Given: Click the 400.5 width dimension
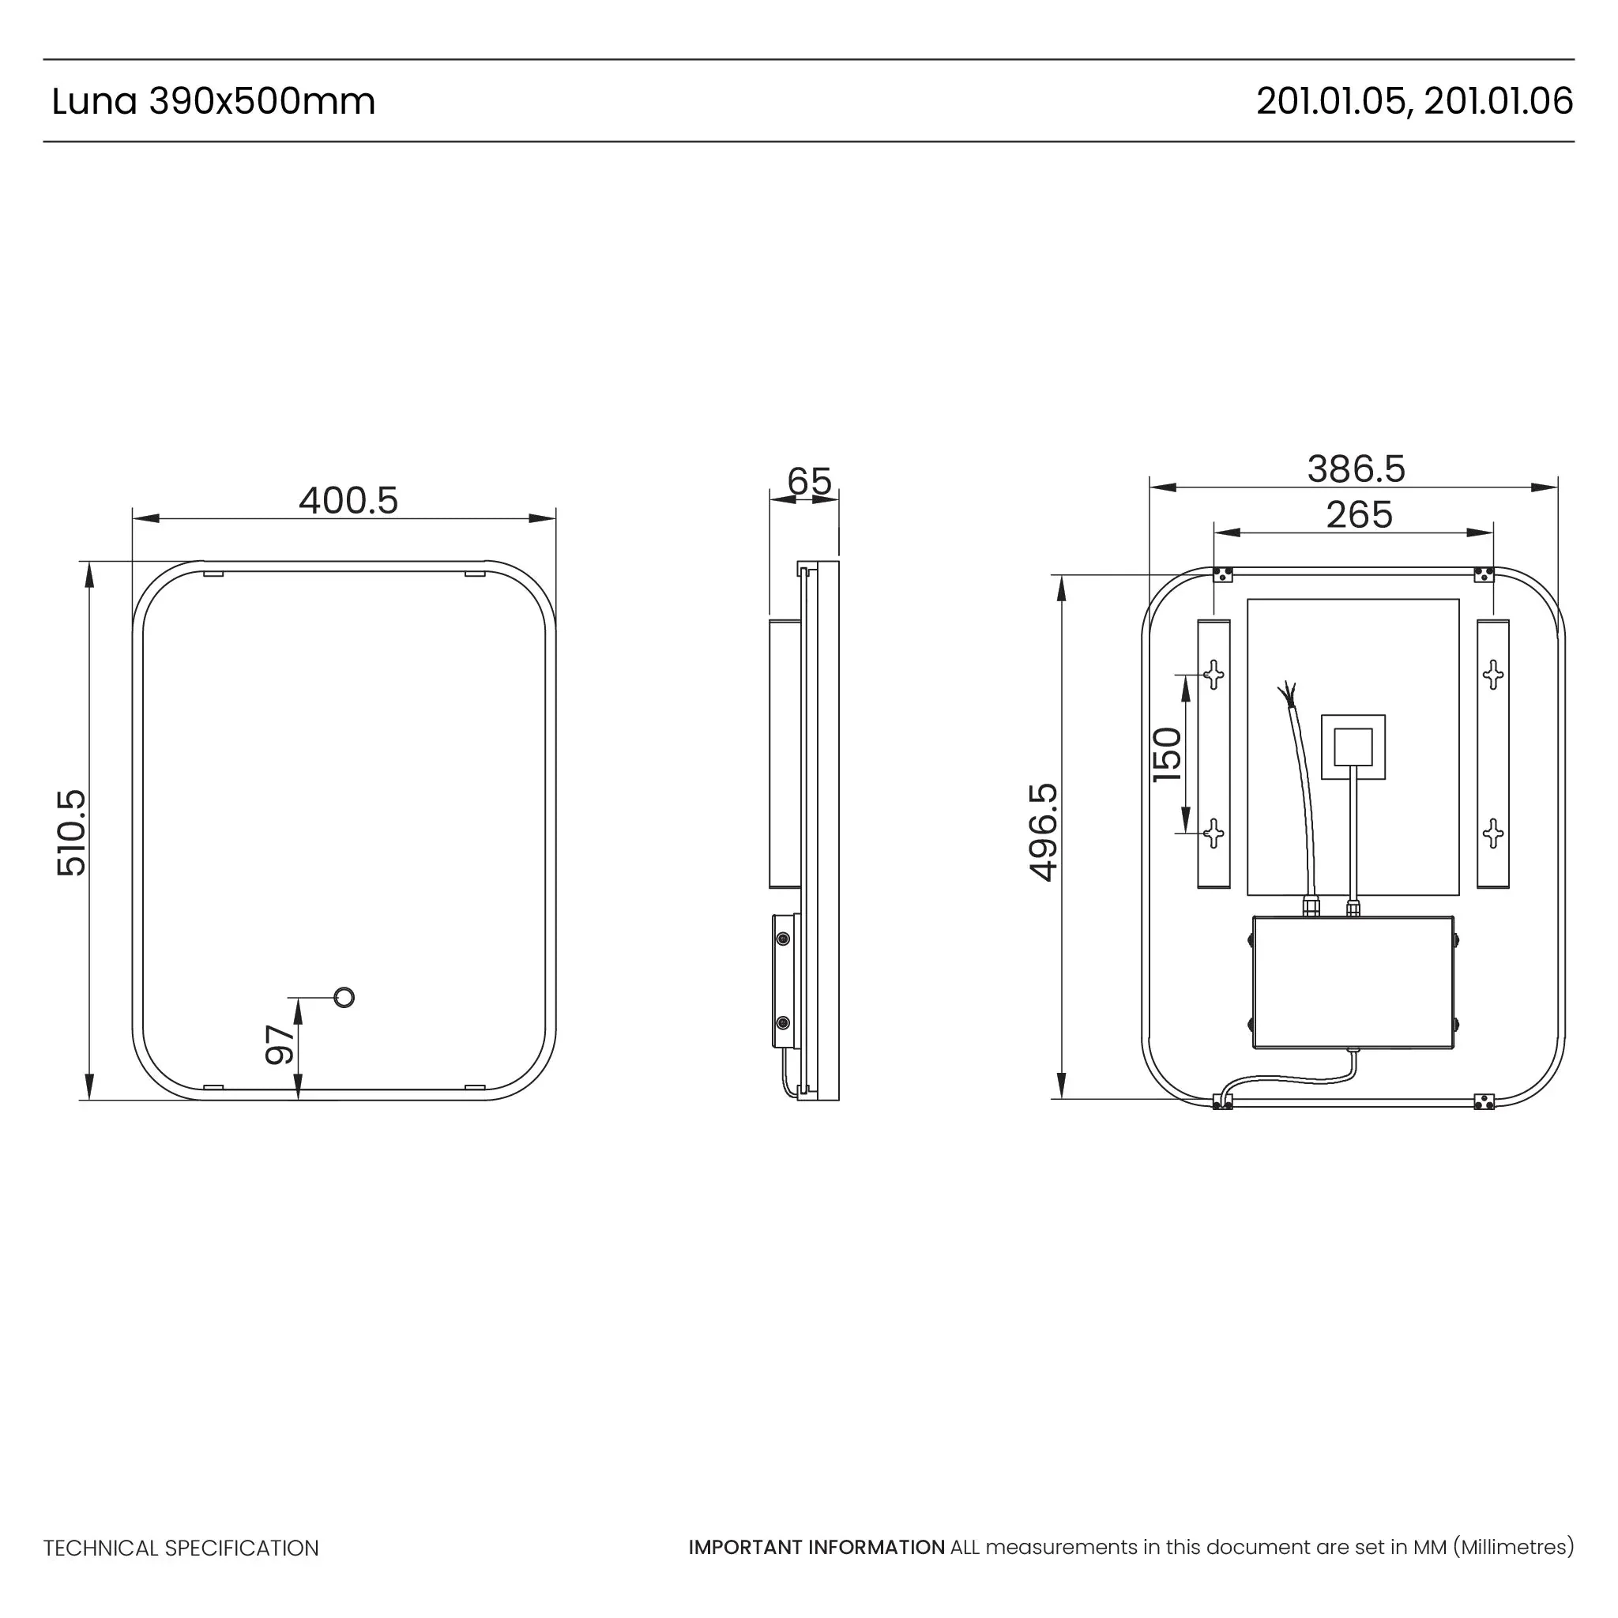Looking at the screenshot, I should tap(348, 501).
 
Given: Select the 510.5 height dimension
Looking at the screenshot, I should tap(72, 833).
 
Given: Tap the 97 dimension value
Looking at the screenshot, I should tap(280, 1045).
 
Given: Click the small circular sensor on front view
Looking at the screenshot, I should tap(344, 998).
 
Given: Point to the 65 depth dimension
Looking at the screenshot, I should tap(809, 482).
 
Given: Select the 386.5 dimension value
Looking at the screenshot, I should tap(1356, 469).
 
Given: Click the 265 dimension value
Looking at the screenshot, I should tap(1359, 515).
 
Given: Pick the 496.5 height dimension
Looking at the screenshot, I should tap(1044, 833).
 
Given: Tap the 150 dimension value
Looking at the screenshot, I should tap(1168, 755).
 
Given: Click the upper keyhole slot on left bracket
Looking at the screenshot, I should tap(1213, 674).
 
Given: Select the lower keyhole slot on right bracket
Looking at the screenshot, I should tap(1492, 833).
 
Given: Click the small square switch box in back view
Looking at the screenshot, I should tap(1353, 747).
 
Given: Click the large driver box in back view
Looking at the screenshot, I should tap(1353, 982).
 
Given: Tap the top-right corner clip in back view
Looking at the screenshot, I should tap(1483, 574).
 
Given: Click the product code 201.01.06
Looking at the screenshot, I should tap(1498, 101).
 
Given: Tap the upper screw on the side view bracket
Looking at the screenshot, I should tap(783, 939).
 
